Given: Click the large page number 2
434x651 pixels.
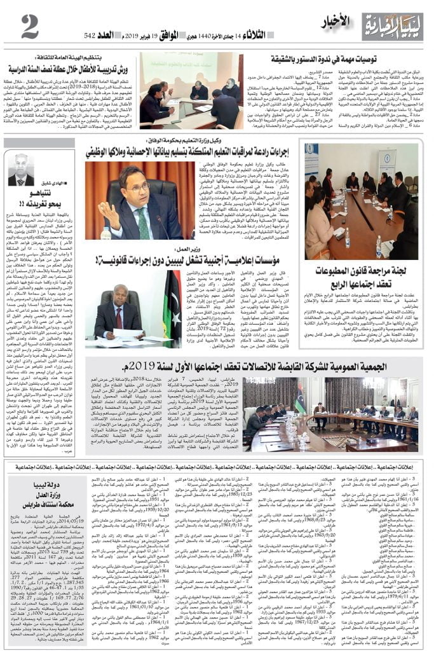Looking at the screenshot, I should [x=30, y=26].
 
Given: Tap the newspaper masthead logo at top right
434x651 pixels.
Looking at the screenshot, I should [x=392, y=25].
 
